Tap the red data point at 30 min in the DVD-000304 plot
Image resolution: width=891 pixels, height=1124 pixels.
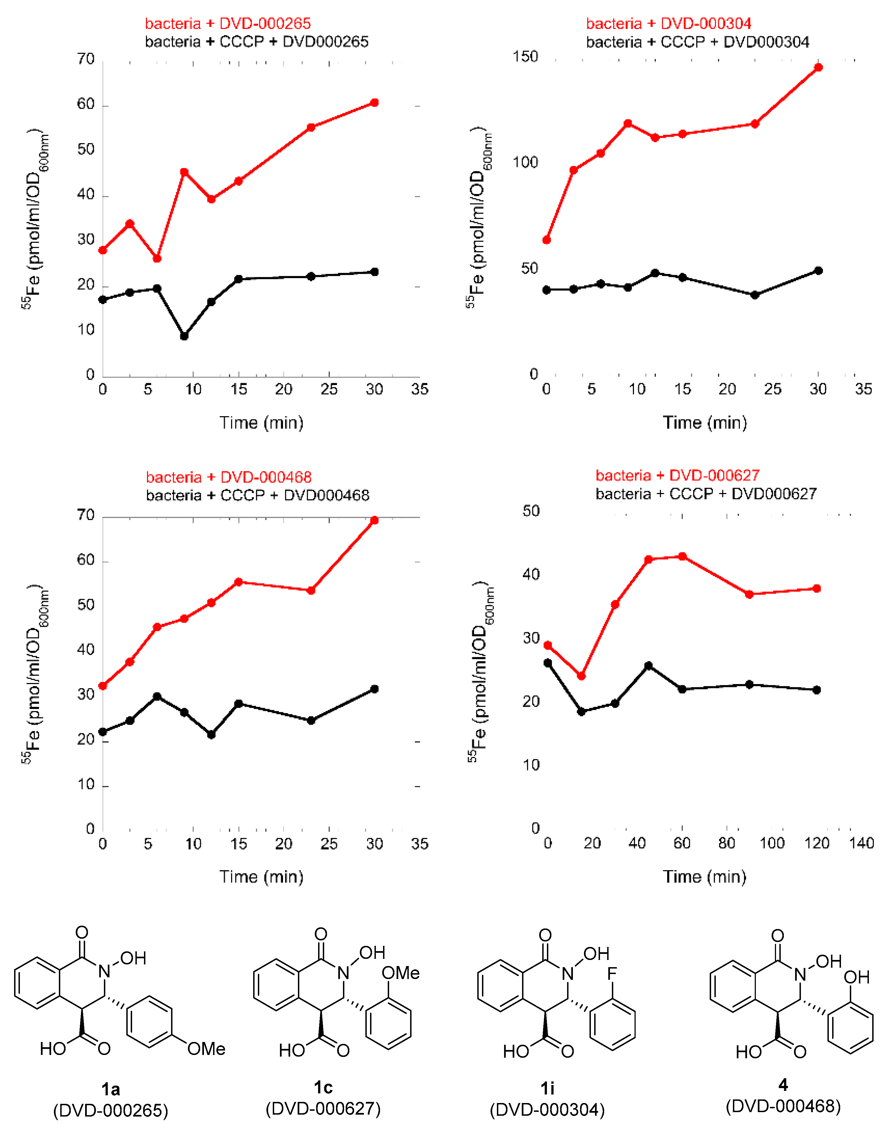point(819,67)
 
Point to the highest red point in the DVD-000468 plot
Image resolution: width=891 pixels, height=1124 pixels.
point(374,520)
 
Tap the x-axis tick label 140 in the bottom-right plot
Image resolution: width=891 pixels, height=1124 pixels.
point(861,843)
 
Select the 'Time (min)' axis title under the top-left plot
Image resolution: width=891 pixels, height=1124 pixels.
point(261,422)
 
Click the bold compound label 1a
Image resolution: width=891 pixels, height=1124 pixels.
point(111,1089)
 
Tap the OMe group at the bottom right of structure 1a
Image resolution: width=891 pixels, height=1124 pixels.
point(206,1048)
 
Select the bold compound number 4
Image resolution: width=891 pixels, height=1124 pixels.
point(783,1085)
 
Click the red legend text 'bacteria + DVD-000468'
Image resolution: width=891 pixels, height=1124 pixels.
point(229,477)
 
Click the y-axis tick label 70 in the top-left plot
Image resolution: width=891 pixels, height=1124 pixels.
point(86,59)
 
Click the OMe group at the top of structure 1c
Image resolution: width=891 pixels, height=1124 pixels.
point(400,973)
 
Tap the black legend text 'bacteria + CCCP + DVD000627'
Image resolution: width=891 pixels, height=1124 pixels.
point(706,494)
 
